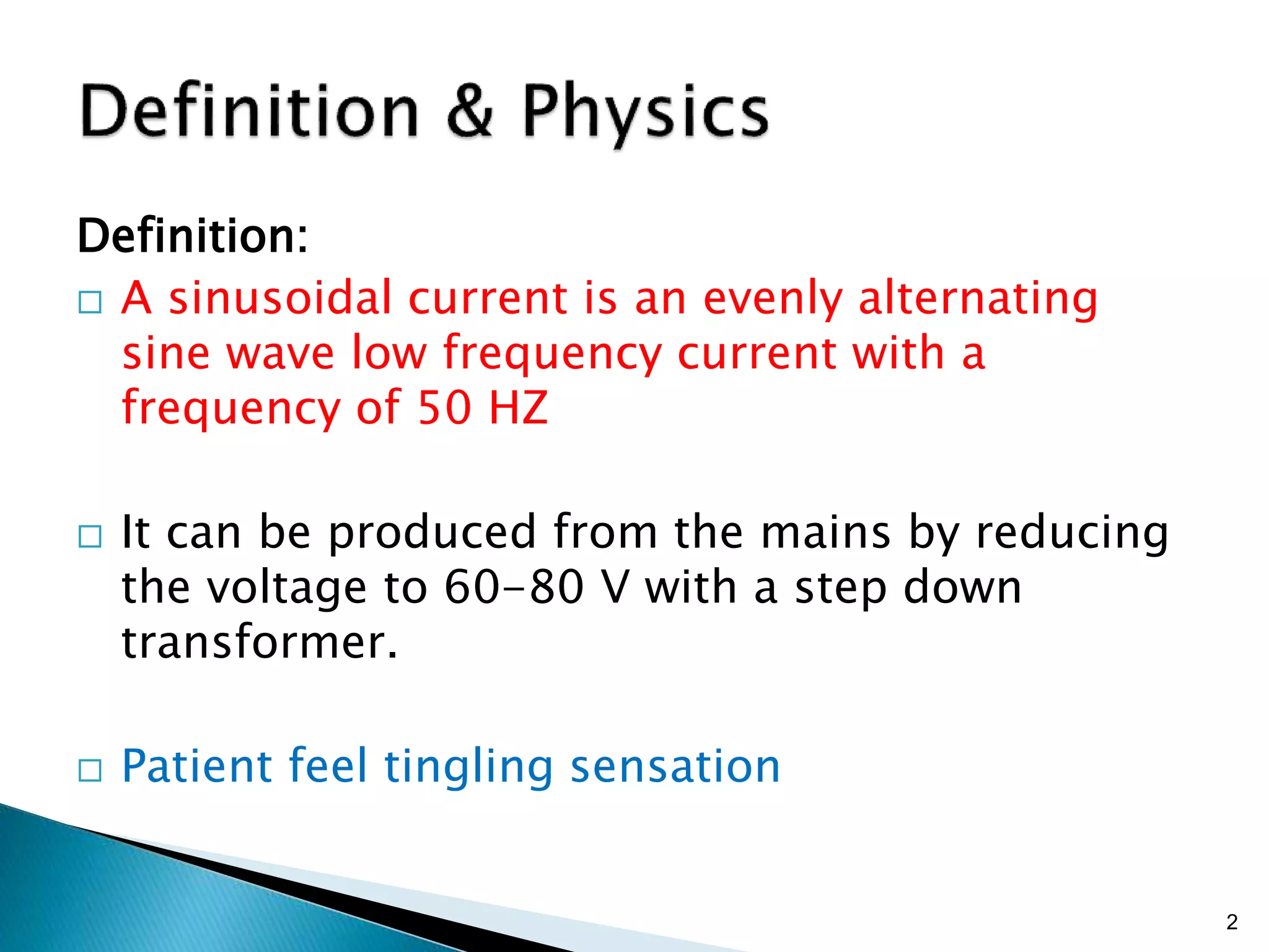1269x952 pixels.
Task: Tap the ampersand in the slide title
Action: pos(470,112)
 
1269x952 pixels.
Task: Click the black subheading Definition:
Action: pos(192,236)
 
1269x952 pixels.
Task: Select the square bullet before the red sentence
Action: pos(90,302)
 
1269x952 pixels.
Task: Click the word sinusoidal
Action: pos(280,298)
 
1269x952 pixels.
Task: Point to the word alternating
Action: pos(977,298)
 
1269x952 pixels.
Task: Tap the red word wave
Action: pos(280,353)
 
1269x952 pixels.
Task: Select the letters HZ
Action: pos(518,408)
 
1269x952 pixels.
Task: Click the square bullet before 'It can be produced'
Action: pos(90,536)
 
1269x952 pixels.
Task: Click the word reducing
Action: pos(1072,532)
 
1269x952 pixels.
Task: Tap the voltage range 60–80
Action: pos(514,587)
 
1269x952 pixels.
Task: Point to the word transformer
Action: pos(259,642)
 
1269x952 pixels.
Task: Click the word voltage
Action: pos(286,587)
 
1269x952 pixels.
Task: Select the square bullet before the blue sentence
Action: pos(90,770)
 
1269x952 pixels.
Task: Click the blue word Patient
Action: pos(196,766)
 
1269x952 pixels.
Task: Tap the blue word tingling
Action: pos(468,767)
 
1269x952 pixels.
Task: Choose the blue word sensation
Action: pos(675,766)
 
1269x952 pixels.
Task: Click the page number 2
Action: pos(1232,922)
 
